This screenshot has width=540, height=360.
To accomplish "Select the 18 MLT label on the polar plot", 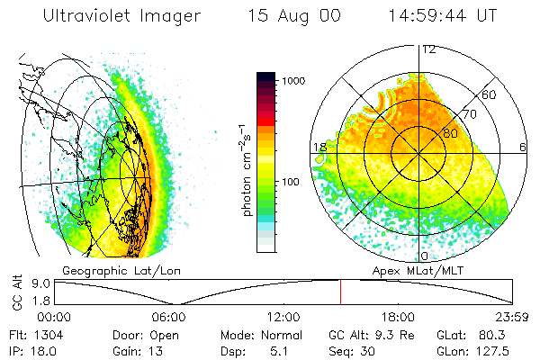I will coord(319,148).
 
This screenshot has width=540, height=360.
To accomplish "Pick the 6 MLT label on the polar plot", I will coord(523,148).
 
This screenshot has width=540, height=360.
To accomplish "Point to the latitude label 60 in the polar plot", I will coord(490,94).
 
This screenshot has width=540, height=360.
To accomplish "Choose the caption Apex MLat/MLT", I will coord(415,270).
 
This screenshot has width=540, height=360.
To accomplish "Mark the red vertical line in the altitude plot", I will coord(340,292).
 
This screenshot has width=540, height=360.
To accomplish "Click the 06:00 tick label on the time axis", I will coord(168,317).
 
